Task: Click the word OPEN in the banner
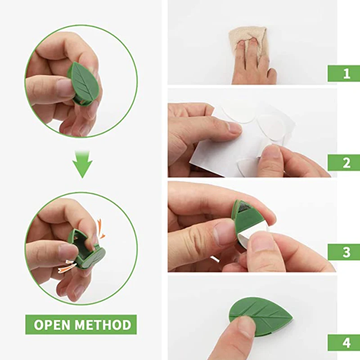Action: (x=52, y=325)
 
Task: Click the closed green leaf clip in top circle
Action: (x=83, y=83)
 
